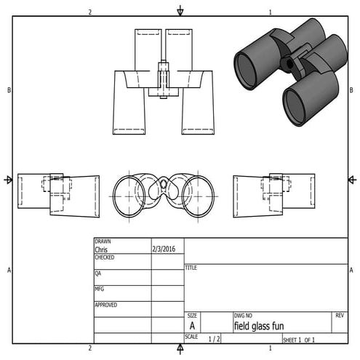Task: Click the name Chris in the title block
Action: pyautogui.click(x=102, y=249)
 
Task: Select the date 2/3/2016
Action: pyautogui.click(x=164, y=249)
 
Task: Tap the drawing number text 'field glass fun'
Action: pyautogui.click(x=260, y=327)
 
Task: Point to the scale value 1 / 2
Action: pyautogui.click(x=215, y=339)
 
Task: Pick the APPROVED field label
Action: pyautogui.click(x=106, y=305)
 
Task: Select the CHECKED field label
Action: pyautogui.click(x=105, y=257)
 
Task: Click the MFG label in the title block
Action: pyautogui.click(x=100, y=289)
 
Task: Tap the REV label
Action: pyautogui.click(x=340, y=316)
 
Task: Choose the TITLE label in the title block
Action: pyautogui.click(x=192, y=268)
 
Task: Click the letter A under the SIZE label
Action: pyautogui.click(x=192, y=327)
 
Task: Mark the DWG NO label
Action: pyautogui.click(x=243, y=316)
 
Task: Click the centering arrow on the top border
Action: pyautogui.click(x=180, y=11)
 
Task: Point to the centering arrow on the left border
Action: pyautogui.click(x=9, y=180)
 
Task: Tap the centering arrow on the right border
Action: pyautogui.click(x=351, y=180)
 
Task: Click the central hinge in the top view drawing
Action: pyautogui.click(x=164, y=78)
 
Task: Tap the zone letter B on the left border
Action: pyautogui.click(x=9, y=90)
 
